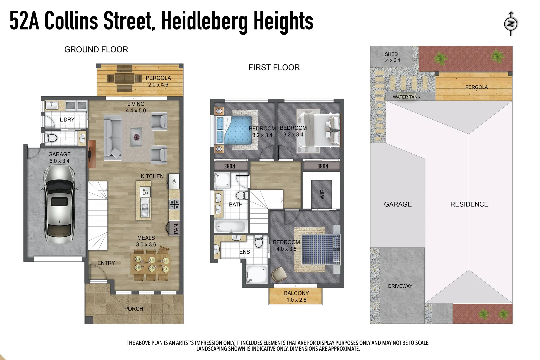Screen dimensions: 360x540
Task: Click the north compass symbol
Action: [510, 24]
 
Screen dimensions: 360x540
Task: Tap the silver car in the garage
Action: [59, 204]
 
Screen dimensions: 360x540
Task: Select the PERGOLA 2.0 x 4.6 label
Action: [158, 81]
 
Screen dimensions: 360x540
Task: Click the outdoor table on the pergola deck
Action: [124, 79]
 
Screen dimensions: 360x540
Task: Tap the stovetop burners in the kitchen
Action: [174, 204]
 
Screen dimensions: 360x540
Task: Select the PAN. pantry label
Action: [176, 228]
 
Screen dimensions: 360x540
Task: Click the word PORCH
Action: [134, 309]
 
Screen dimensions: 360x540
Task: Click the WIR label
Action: [322, 194]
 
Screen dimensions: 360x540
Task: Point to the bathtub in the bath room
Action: [230, 227]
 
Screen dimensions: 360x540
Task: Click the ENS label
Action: [244, 252]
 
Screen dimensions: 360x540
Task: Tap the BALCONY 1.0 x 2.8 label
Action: [296, 296]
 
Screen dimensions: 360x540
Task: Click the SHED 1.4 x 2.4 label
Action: [391, 57]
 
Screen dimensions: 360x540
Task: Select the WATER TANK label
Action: [406, 97]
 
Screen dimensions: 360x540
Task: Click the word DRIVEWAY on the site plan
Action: [400, 286]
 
